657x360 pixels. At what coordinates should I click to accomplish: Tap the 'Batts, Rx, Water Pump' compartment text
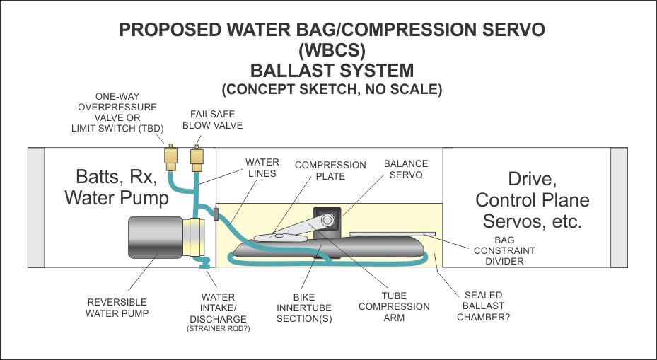pyautogui.click(x=117, y=187)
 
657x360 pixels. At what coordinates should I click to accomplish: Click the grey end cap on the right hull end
pyautogui.click(x=620, y=207)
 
